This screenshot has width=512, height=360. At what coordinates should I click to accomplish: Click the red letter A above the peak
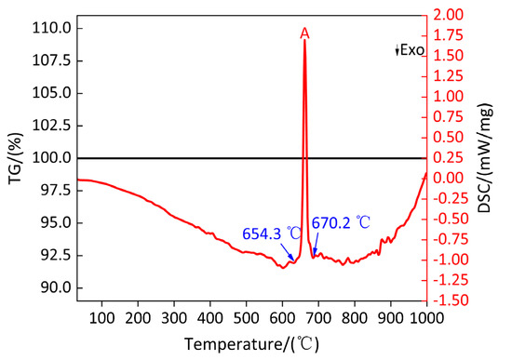click(x=304, y=33)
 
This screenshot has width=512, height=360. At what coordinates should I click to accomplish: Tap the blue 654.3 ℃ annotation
click(x=272, y=233)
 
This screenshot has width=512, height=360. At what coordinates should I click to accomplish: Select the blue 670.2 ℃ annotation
click(x=341, y=223)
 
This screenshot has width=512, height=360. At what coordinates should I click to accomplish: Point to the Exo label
click(x=412, y=50)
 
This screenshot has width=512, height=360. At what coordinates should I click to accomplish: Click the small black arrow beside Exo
click(x=397, y=50)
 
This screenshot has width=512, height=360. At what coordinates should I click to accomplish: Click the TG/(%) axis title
click(x=16, y=158)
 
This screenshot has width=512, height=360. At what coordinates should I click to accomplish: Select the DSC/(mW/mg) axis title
click(x=485, y=158)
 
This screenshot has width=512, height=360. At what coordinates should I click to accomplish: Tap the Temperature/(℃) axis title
click(x=251, y=344)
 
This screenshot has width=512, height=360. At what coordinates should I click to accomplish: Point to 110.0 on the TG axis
click(x=51, y=29)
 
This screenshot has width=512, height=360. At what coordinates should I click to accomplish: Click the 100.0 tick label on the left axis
click(x=51, y=158)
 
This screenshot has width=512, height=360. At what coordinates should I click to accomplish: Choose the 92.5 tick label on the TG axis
click(x=56, y=256)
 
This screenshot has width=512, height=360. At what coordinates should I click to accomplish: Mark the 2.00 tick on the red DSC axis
click(x=448, y=15)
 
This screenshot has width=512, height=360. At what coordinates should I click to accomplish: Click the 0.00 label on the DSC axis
click(x=448, y=179)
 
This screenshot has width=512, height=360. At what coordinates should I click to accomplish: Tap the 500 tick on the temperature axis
click(x=246, y=317)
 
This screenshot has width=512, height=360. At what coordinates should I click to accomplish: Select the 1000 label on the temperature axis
click(x=427, y=317)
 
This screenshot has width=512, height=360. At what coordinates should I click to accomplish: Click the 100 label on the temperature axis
click(x=101, y=317)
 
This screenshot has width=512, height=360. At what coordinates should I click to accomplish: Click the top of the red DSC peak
click(x=304, y=40)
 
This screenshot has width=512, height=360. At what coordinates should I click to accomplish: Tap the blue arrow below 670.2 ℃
click(x=316, y=244)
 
